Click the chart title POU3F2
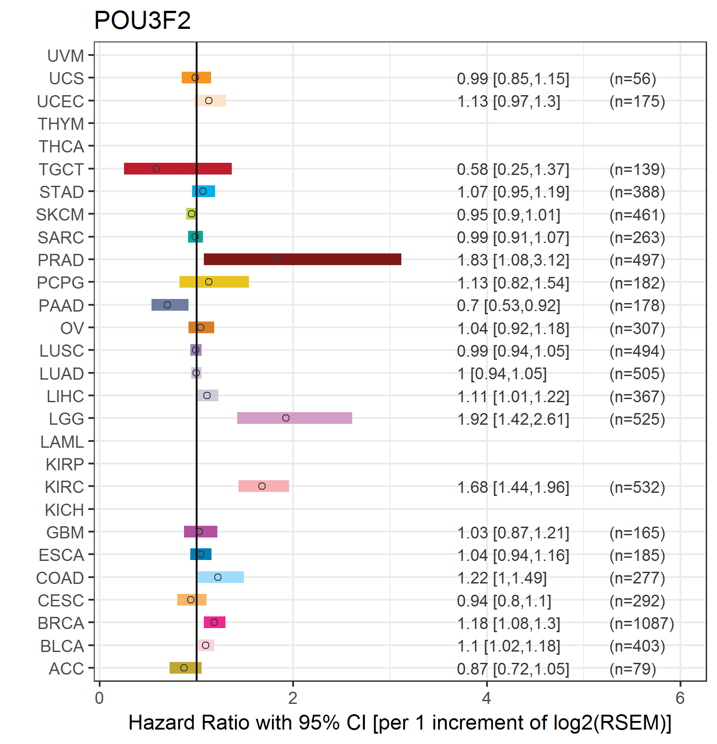[142, 21]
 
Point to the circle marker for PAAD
[167, 305]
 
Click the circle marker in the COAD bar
[218, 577]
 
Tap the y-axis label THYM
[61, 124]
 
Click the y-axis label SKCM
[60, 215]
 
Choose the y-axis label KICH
[64, 510]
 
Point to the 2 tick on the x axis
[293, 698]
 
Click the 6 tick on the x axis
[680, 698]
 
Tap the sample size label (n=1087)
[641, 624]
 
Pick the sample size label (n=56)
[632, 79]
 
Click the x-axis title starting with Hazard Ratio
[400, 722]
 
